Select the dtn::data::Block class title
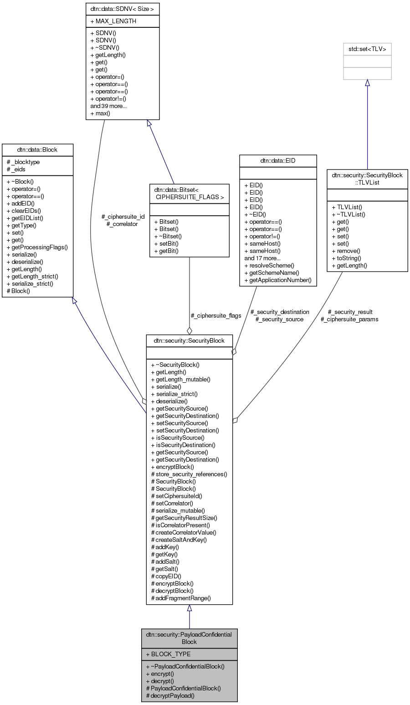pos(37,149)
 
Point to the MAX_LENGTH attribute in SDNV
pos(116,21)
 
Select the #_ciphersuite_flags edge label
pos(216,315)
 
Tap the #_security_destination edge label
pos(280,312)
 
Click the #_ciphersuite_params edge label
pos(349,319)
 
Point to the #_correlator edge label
pos(122,224)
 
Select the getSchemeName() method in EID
pos(272,273)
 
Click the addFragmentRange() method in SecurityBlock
pos(180,598)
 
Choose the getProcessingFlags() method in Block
pos(37,247)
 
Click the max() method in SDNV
pos(100,113)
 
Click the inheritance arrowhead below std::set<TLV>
pos(367,83)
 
